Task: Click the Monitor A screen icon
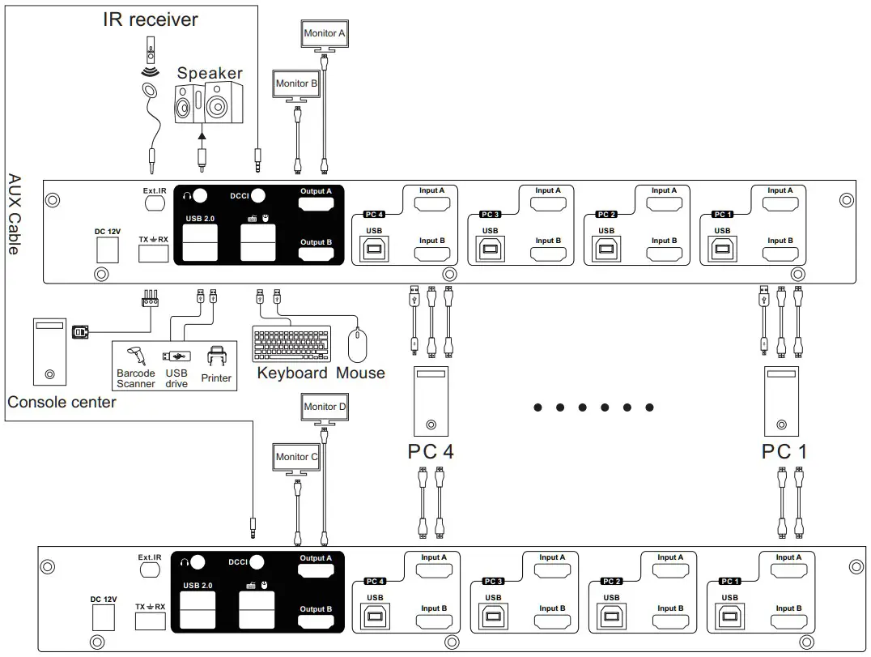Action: click(324, 35)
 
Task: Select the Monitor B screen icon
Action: click(296, 84)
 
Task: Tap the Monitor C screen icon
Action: click(296, 458)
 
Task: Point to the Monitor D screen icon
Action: click(325, 407)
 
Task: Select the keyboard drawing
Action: click(291, 343)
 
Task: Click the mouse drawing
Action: click(358, 345)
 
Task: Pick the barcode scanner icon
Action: click(135, 355)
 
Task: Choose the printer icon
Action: click(216, 357)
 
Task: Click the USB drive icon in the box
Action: click(176, 356)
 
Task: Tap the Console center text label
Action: click(62, 402)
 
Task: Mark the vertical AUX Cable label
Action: click(14, 214)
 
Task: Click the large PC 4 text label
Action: click(431, 451)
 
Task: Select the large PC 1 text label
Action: click(784, 451)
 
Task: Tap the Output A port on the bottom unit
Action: click(316, 572)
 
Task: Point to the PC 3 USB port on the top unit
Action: click(490, 250)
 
